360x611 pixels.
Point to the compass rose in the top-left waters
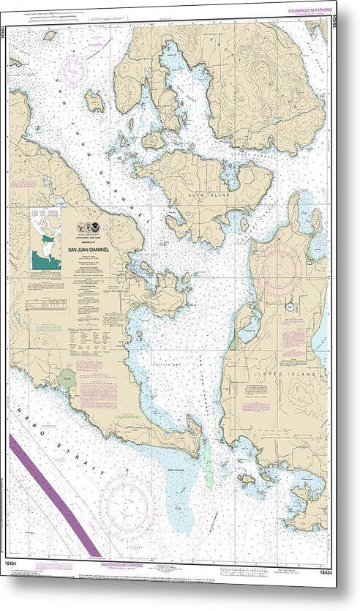click(x=75, y=68)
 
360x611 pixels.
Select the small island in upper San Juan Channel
click(x=94, y=100)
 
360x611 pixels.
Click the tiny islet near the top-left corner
click(x=50, y=34)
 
